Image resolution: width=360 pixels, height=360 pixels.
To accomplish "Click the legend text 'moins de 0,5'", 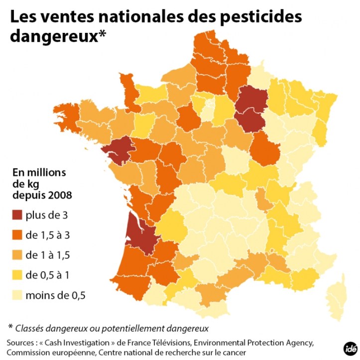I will tap(56, 295).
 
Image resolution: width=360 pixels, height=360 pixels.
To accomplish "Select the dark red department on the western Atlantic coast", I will tap(118, 150).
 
